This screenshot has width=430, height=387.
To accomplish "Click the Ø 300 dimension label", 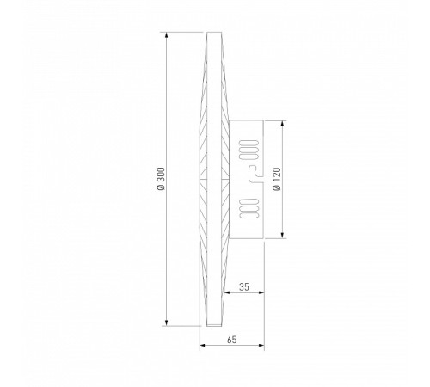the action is click(162, 178).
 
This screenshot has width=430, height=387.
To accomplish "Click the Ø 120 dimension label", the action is click(277, 179).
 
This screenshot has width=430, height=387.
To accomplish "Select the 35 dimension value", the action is click(244, 286).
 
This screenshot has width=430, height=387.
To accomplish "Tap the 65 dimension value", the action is click(232, 340).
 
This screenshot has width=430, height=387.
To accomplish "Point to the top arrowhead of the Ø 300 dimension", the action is click(166, 35).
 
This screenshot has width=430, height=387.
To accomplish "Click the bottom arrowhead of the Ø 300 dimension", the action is click(166, 322).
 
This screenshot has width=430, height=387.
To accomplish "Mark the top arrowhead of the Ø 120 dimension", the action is click(283, 124).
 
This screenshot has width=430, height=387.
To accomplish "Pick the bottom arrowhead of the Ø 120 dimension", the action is click(283, 235).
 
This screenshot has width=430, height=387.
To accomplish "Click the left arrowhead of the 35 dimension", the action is click(227, 292).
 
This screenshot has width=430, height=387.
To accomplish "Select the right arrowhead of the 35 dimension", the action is click(261, 292).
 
